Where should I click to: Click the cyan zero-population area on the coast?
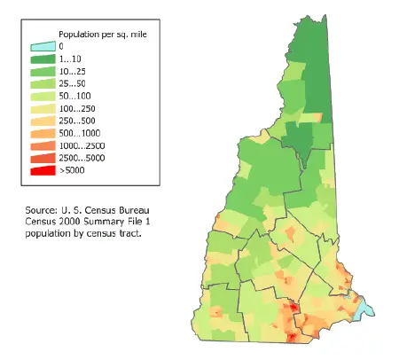coord(364,310)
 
